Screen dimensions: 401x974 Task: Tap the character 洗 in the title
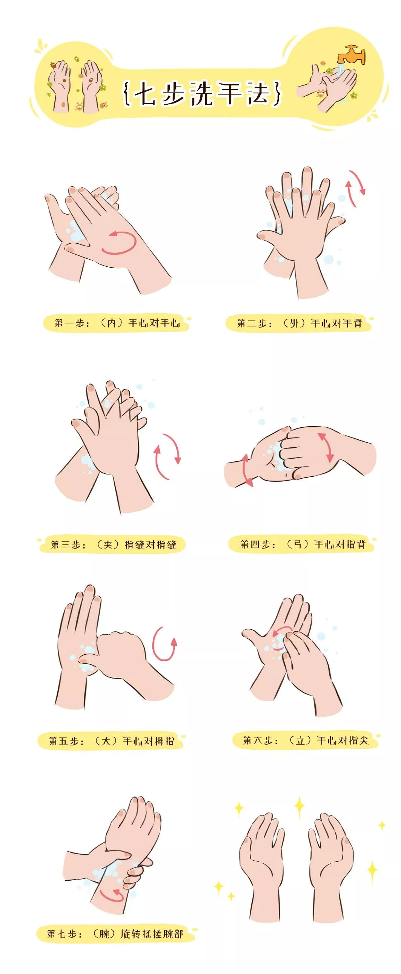[x=201, y=93]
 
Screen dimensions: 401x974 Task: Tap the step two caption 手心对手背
[x=336, y=323]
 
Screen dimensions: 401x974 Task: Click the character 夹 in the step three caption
[x=108, y=544]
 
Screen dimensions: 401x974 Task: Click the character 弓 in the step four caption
[x=298, y=544]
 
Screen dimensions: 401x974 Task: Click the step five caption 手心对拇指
[x=148, y=741]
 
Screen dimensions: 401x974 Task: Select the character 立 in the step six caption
[x=300, y=741]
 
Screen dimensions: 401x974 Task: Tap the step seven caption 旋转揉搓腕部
[x=151, y=934]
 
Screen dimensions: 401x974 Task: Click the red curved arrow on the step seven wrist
[x=112, y=895]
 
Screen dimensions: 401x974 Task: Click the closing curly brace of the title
[x=278, y=93]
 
